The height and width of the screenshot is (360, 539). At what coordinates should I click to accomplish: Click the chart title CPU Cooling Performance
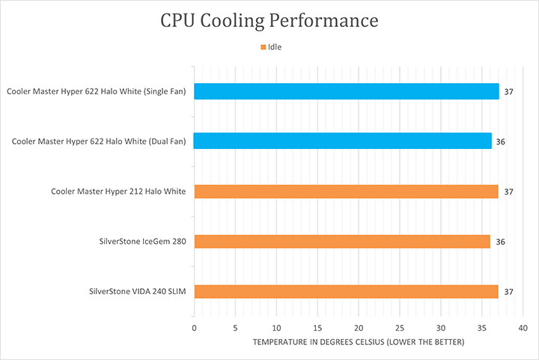(x=269, y=20)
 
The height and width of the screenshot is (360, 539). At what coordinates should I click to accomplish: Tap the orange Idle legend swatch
(x=263, y=47)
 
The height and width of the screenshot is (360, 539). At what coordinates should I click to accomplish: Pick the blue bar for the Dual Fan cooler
(x=342, y=141)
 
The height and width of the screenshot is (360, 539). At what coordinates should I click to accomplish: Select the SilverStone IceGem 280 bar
(x=342, y=241)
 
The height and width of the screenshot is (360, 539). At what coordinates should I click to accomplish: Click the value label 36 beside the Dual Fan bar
(x=501, y=141)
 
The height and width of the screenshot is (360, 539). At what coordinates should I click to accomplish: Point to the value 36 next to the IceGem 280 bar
(x=499, y=242)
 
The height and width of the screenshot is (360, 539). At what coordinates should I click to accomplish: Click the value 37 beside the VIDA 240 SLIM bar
(x=508, y=292)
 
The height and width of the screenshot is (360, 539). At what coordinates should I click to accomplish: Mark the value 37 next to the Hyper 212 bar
(x=508, y=192)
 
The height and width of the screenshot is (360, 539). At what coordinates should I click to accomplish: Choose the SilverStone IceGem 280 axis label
(x=142, y=242)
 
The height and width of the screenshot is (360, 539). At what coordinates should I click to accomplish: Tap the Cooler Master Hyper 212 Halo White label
(x=118, y=192)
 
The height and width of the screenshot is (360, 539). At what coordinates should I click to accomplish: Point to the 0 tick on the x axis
(x=195, y=328)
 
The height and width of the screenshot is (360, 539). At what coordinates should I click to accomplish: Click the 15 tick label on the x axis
(x=317, y=328)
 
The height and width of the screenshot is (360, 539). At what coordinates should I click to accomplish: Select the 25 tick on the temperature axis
(x=400, y=328)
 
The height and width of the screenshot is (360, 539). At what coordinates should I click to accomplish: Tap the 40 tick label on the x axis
(x=523, y=328)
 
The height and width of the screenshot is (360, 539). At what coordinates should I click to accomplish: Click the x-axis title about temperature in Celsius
(x=359, y=342)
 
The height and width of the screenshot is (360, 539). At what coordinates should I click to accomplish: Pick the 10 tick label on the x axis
(x=276, y=328)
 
